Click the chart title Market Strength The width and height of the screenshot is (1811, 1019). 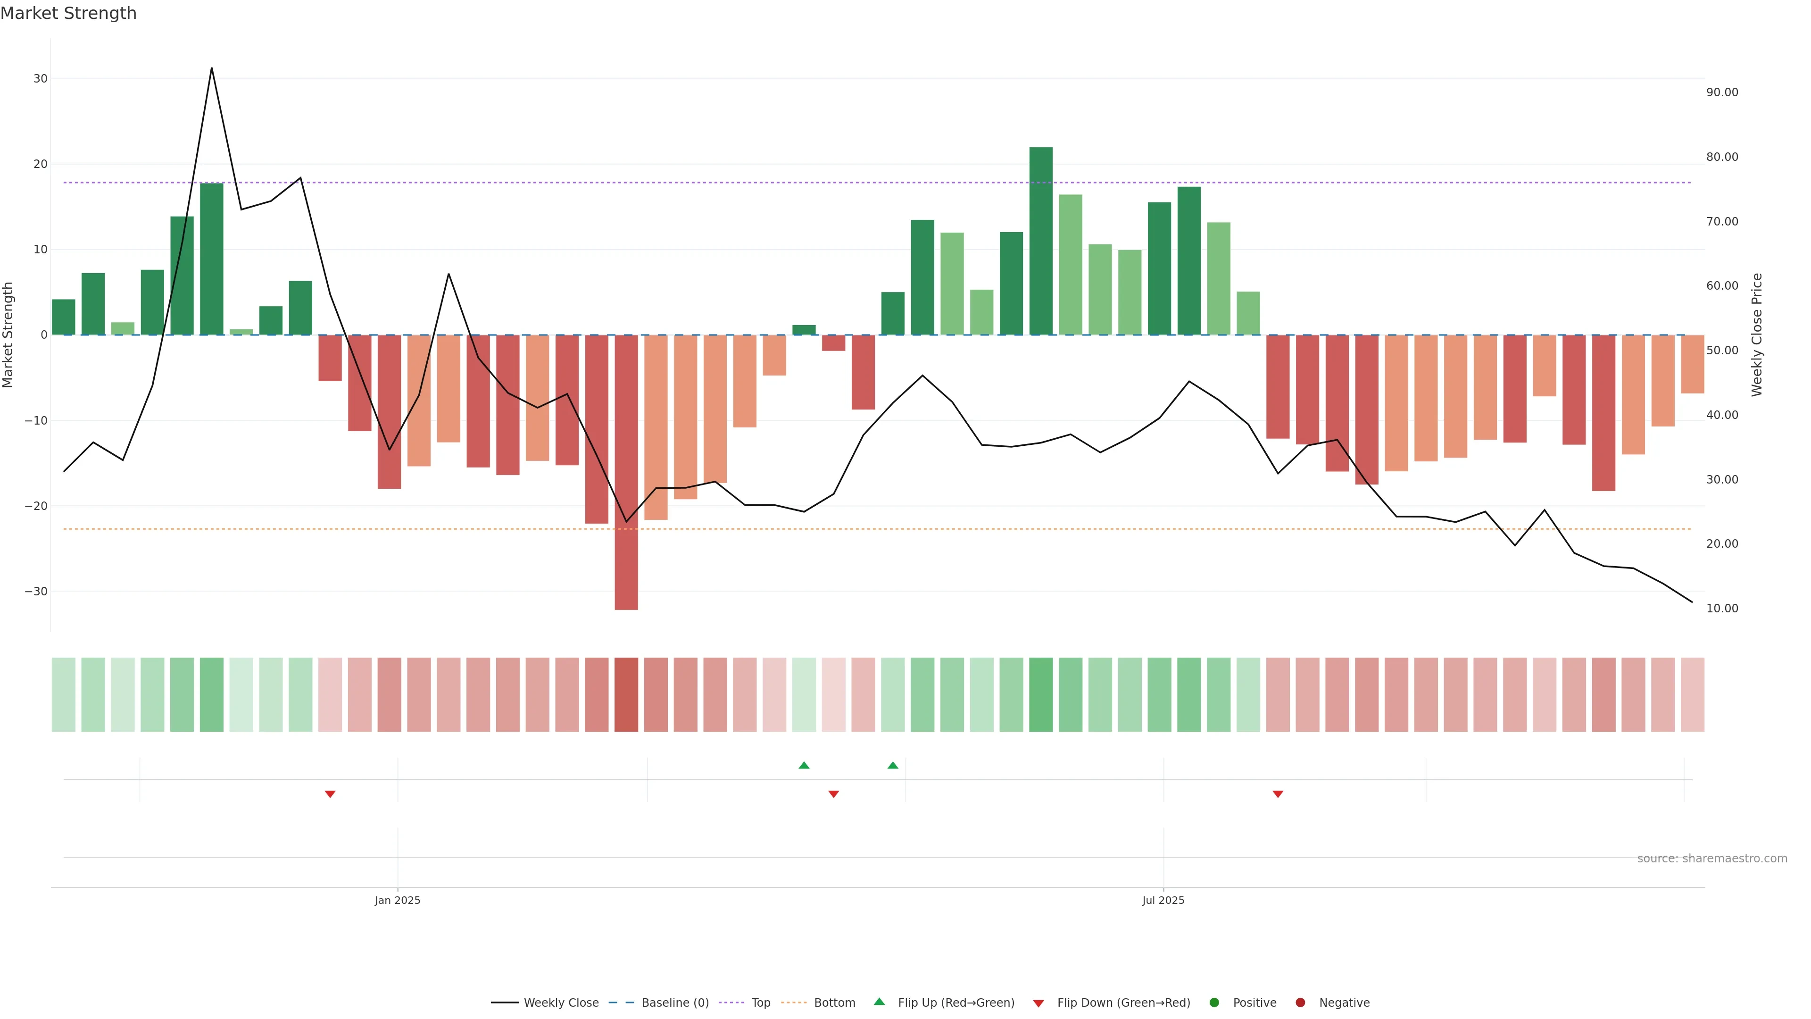68,13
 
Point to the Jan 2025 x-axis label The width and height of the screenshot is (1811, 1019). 397,900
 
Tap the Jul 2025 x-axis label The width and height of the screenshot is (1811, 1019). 1163,900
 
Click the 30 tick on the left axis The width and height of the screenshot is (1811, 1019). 40,79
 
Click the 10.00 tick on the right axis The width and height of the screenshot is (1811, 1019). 1722,608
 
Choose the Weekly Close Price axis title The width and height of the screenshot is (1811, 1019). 1757,335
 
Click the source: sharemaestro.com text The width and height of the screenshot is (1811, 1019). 1712,859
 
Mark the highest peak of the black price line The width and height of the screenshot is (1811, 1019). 212,68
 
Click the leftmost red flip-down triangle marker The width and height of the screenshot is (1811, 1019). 330,794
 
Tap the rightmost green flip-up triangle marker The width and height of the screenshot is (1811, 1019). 893,765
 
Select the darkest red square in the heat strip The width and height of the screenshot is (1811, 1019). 626,695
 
